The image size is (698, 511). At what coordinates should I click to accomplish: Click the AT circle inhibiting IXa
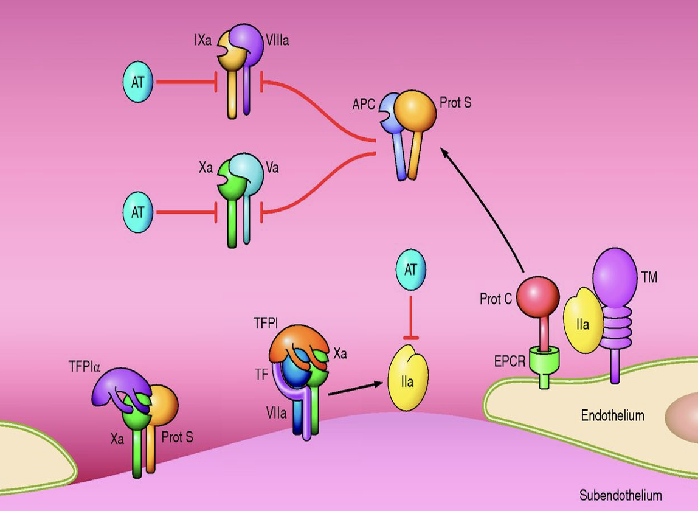(138, 82)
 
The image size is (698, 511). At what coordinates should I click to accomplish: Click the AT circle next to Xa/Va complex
(138, 212)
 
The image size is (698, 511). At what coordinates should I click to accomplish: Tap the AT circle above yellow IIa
(411, 269)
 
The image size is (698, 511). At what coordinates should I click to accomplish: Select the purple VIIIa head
(247, 43)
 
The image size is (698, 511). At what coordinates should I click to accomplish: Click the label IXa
(203, 41)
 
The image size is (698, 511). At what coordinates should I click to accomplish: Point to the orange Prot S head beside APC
(415, 111)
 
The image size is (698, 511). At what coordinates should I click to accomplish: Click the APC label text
(364, 104)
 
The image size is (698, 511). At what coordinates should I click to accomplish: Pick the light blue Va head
(249, 172)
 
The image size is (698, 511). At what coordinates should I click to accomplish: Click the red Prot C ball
(538, 297)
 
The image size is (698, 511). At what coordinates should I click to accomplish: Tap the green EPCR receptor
(544, 366)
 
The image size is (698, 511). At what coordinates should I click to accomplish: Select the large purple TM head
(615, 278)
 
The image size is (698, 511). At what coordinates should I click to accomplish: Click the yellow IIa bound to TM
(582, 320)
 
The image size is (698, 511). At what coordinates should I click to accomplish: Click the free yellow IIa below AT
(408, 377)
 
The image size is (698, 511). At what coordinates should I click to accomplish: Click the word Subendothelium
(621, 495)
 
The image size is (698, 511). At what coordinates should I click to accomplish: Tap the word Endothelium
(613, 415)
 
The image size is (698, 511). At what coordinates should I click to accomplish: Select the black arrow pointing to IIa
(356, 389)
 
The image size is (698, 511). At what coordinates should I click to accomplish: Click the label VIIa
(276, 413)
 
